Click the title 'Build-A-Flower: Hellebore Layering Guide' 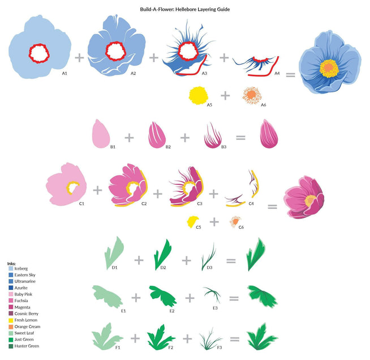(185, 10)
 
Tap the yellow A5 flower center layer (199, 95)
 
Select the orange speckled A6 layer (252, 95)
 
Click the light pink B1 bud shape (101, 134)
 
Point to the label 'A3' (204, 74)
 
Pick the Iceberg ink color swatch (11, 268)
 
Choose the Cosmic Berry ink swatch (11, 314)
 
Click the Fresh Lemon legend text (25, 320)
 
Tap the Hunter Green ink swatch (11, 346)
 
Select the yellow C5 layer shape (192, 221)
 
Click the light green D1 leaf (114, 252)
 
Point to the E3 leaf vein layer (212, 294)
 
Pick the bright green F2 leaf (161, 337)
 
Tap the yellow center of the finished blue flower (329, 68)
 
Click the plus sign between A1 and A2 (79, 58)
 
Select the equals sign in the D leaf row (231, 261)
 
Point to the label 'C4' (251, 203)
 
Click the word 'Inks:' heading (11, 264)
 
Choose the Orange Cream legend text (27, 327)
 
